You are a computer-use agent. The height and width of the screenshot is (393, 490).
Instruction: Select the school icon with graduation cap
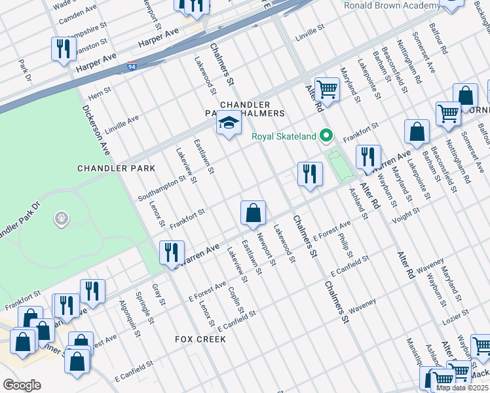(228, 123)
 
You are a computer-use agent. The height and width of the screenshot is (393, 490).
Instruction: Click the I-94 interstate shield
(132, 66)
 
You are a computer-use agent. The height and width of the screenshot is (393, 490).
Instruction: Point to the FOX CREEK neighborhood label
(200, 339)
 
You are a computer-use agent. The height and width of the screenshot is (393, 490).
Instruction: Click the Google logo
(22, 385)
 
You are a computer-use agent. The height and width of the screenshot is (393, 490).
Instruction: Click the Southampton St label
(162, 189)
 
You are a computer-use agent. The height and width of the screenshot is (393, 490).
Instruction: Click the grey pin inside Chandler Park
(62, 217)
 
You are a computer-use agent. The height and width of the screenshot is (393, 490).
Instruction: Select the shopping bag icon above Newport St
(252, 213)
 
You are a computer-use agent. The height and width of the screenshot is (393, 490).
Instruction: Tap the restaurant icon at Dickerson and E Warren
(171, 252)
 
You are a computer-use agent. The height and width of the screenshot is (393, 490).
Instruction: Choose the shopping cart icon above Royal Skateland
(326, 90)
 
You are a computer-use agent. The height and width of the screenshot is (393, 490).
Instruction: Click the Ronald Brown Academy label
(392, 6)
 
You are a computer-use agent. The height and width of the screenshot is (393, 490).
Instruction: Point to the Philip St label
(346, 244)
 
